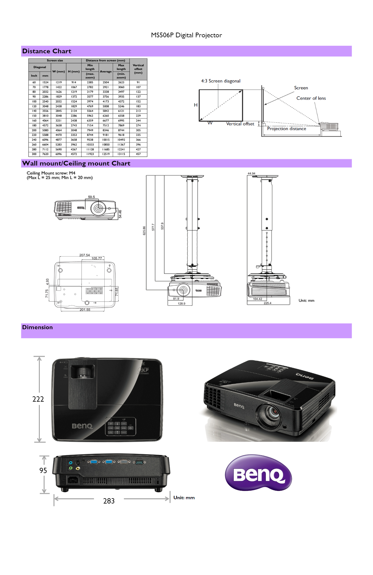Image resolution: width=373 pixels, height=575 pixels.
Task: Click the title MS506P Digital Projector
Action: coord(186,35)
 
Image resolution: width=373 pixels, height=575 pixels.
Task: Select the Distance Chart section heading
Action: coord(47,51)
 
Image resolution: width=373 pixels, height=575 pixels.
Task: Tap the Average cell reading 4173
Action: coord(106,102)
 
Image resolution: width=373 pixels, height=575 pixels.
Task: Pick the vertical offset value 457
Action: coord(138,154)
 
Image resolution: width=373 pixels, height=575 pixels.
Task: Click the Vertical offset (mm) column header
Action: coord(138,69)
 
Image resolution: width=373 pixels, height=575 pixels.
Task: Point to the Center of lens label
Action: coord(311,98)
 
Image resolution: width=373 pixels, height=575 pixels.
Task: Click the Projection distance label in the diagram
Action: coord(286,129)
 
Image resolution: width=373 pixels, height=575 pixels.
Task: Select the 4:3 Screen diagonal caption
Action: coord(221,81)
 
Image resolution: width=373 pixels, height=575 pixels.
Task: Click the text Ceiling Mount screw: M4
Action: coord(51,173)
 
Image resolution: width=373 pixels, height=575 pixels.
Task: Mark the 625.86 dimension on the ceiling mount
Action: coord(144,230)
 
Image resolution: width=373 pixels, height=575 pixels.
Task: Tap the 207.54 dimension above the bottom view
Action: coord(84,255)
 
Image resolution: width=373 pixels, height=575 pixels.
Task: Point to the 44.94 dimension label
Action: coord(251,173)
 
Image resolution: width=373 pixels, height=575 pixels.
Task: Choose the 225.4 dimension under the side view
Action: coord(267,303)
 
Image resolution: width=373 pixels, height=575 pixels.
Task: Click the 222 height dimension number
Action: coord(38,399)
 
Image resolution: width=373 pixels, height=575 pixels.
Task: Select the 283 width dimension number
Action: coord(109,501)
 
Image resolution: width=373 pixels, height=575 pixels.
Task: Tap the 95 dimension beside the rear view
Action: coord(43,471)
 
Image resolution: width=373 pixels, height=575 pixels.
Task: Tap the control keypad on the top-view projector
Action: coord(121,426)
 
